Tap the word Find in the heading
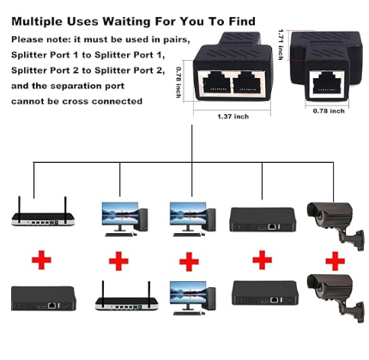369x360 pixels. pos(242,21)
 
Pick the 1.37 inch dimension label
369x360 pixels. pos(233,117)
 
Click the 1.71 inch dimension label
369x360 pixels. pos(281,45)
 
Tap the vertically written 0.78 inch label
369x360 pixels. pos(178,82)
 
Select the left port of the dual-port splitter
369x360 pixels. pos(216,82)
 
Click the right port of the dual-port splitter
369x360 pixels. pos(247,82)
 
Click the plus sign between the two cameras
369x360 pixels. pos(335,261)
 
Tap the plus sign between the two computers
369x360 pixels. pos(189,261)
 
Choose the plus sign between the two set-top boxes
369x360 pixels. pos(262,260)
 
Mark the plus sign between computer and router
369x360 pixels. pos(118,261)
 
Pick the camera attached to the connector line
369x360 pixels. pos(336,225)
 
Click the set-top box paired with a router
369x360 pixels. pos(44,298)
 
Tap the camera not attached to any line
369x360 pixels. pos(336,298)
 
